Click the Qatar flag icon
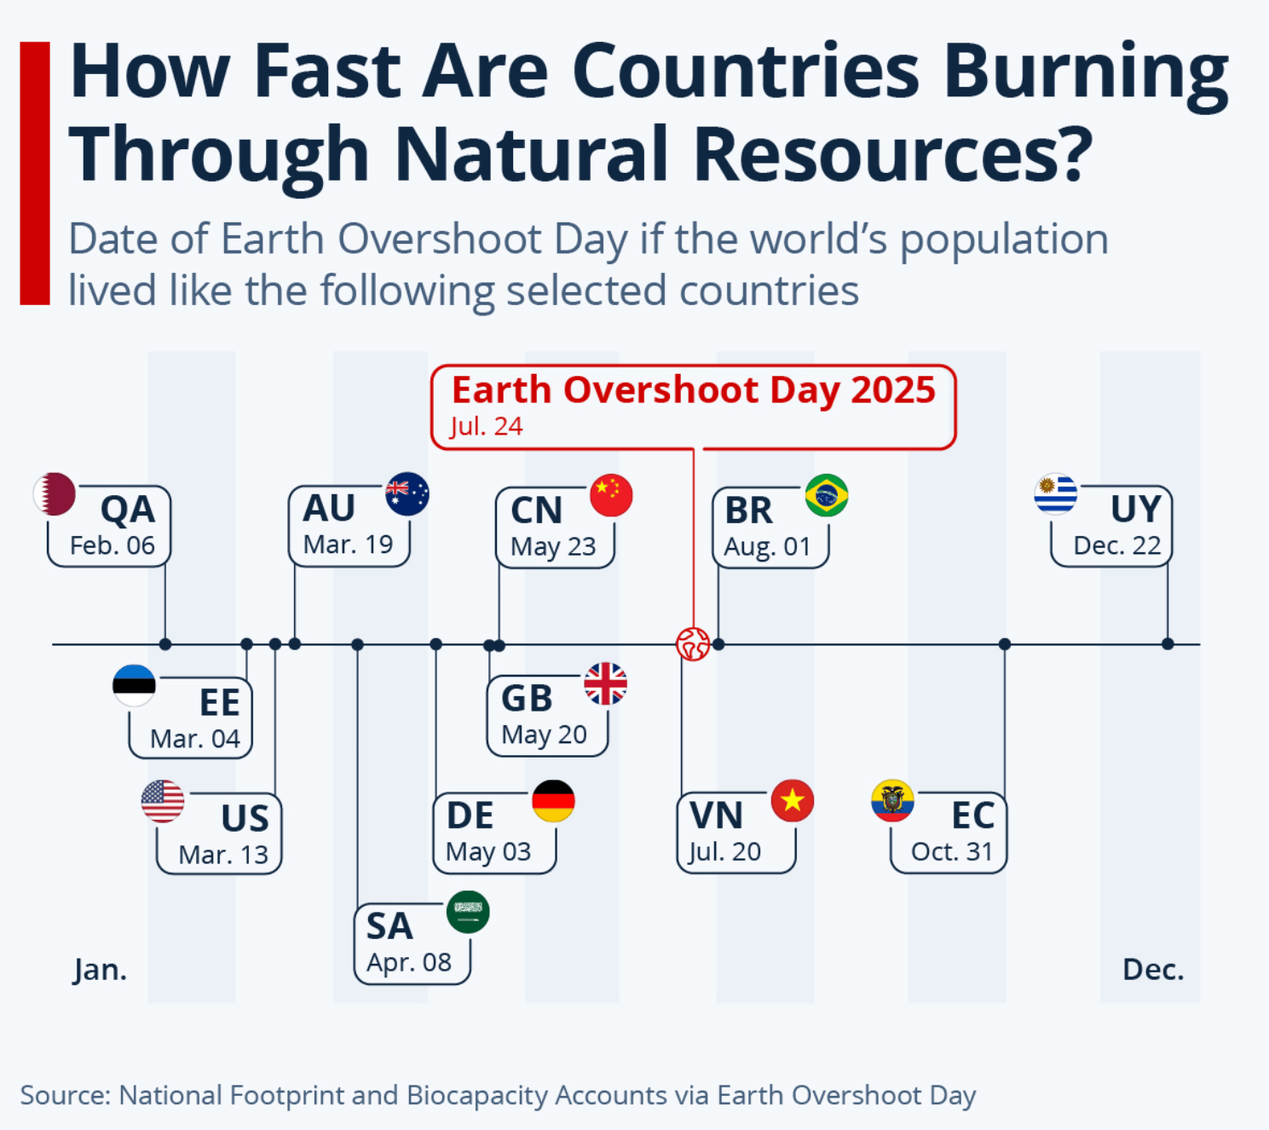(x=55, y=494)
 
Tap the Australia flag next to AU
(x=407, y=494)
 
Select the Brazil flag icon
(x=827, y=495)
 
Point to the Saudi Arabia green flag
(x=468, y=912)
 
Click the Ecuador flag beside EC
(x=892, y=801)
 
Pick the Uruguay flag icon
(x=1056, y=494)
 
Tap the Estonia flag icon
(x=134, y=685)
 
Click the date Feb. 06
(x=112, y=545)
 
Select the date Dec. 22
(x=1117, y=545)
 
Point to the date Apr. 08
(x=409, y=963)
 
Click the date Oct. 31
(x=952, y=852)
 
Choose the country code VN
(x=716, y=816)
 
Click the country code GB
(x=527, y=699)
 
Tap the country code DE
(x=470, y=816)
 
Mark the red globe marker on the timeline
(x=694, y=644)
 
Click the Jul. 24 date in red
(x=486, y=427)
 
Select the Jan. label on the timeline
(x=101, y=971)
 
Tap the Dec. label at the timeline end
(x=1153, y=970)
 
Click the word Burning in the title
(x=1086, y=73)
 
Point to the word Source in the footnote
(x=65, y=1096)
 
